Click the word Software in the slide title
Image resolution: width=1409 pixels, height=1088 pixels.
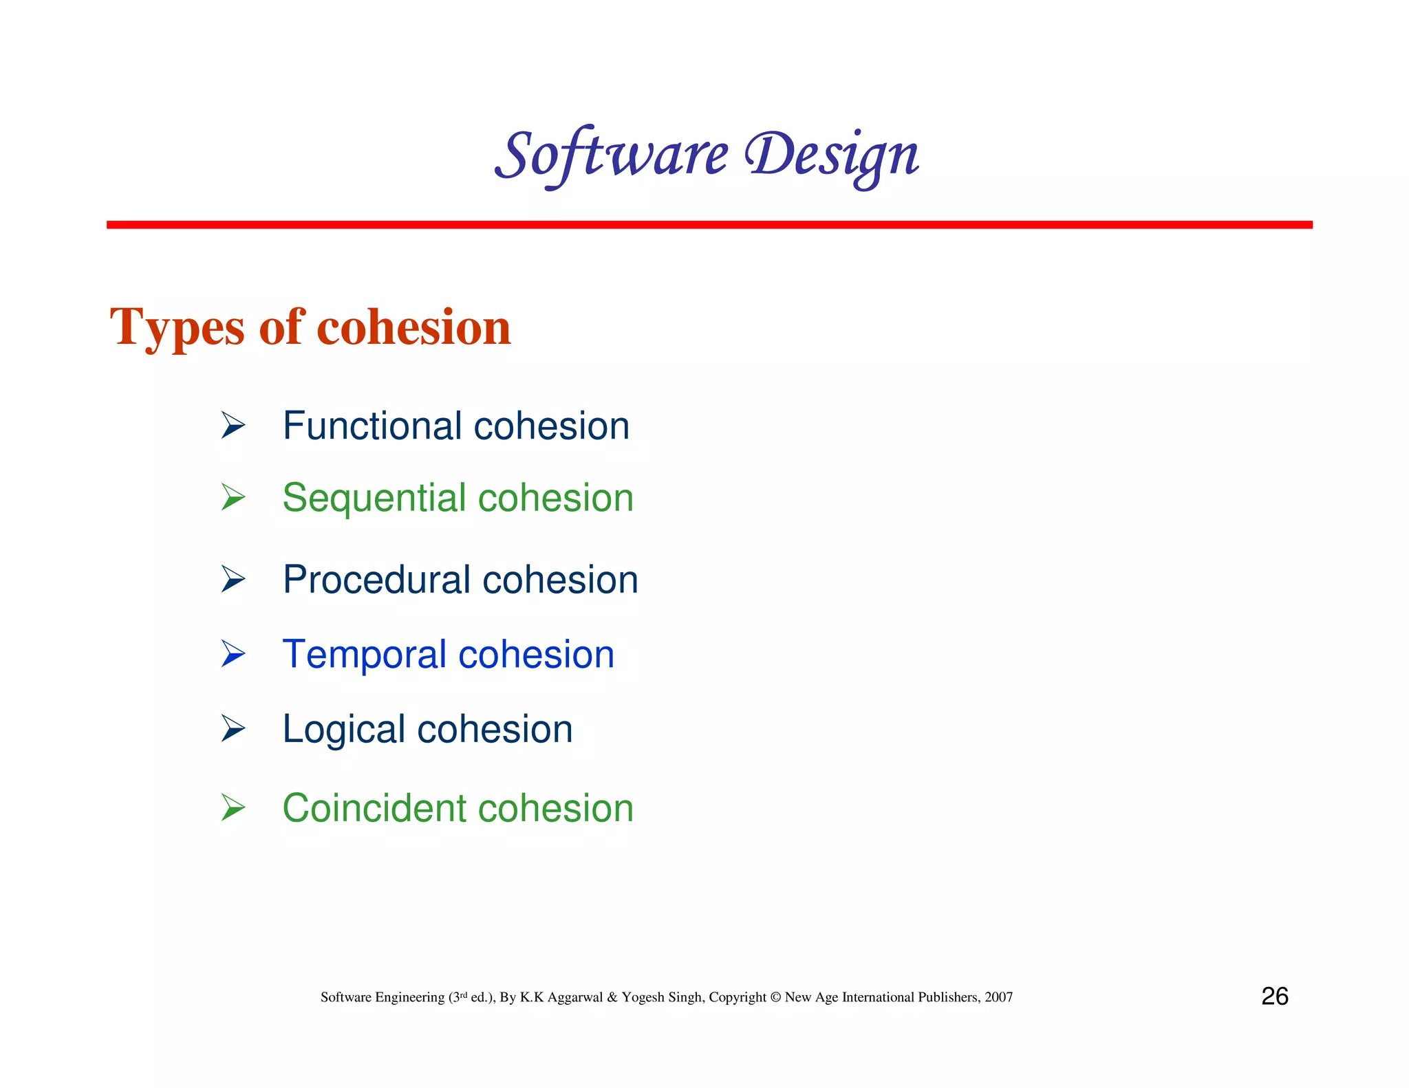[611, 155]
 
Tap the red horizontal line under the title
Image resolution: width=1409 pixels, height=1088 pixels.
[709, 225]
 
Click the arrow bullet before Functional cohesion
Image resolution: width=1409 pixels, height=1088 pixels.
[233, 425]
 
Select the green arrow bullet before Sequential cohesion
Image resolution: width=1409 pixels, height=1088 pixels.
[233, 497]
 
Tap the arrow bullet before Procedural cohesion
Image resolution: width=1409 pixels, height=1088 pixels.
[233, 579]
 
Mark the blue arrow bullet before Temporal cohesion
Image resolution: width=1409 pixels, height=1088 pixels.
[233, 653]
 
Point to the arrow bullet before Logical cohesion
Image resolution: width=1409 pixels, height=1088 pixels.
[233, 728]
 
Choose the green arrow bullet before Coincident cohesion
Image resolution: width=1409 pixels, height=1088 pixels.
[233, 807]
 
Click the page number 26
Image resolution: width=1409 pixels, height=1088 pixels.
[1274, 997]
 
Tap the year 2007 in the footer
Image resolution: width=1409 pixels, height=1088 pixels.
[998, 997]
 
